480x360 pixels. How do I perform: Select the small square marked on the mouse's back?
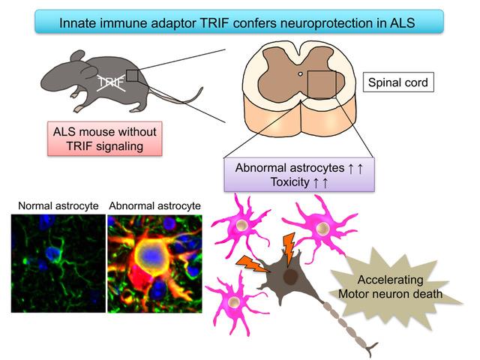132,75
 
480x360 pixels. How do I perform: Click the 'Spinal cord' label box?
398,81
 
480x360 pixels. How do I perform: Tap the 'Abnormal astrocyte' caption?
155,205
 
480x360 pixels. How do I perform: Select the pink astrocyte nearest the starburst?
319,227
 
